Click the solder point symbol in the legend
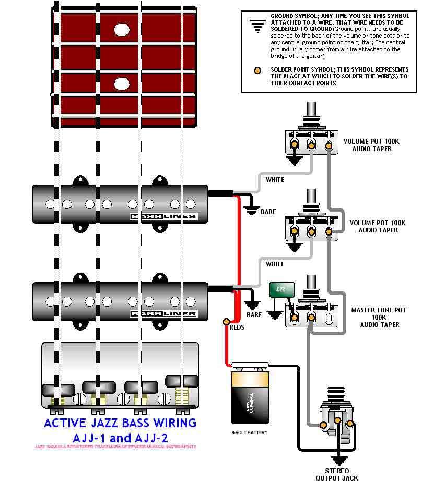[x=257, y=71]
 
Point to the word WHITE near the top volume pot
[x=275, y=180]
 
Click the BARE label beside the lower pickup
[x=254, y=315]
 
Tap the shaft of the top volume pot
[x=312, y=111]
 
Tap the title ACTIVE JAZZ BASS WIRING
[x=120, y=423]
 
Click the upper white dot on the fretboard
[x=122, y=30]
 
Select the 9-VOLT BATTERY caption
[x=250, y=432]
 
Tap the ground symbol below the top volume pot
[x=295, y=160]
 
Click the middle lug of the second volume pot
[x=312, y=232]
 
